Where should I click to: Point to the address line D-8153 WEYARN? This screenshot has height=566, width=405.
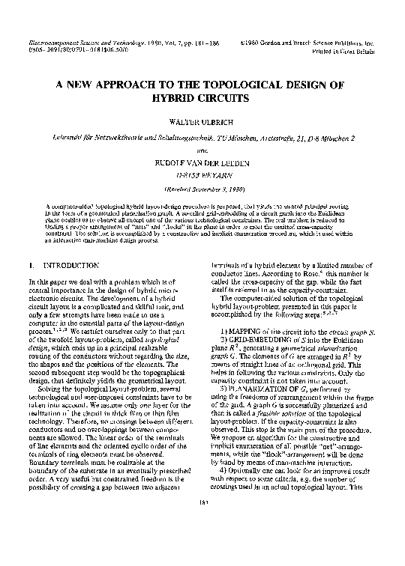[x=202, y=168]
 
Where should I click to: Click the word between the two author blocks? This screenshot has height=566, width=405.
[x=202, y=146]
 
